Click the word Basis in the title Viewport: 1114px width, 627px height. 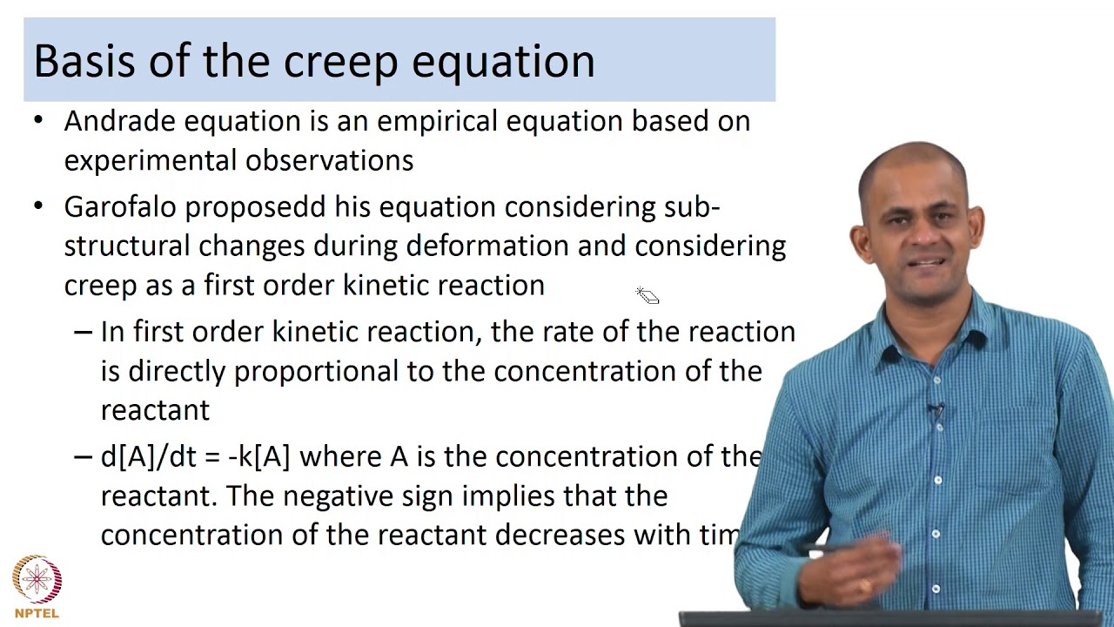coord(83,61)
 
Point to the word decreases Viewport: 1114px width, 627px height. coord(560,535)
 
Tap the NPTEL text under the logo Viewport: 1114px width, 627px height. coord(37,613)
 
